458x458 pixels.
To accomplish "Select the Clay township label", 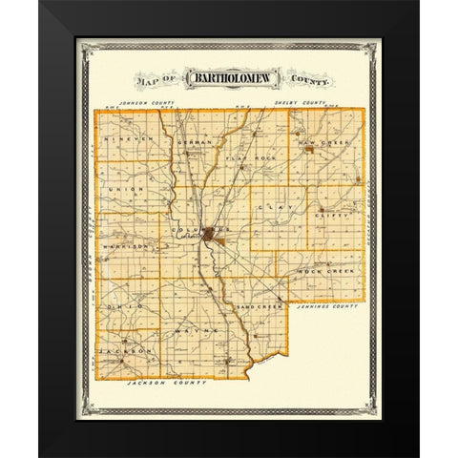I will pos(278,204).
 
